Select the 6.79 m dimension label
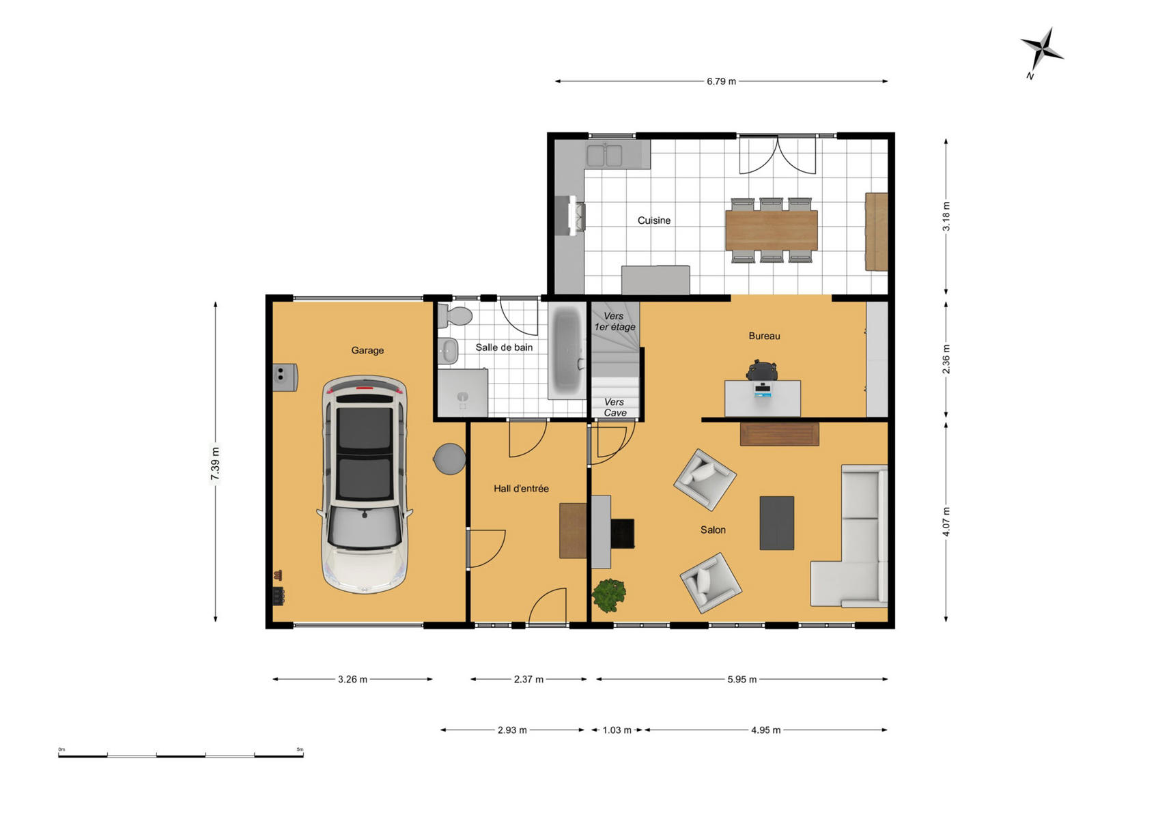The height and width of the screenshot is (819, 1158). point(721,81)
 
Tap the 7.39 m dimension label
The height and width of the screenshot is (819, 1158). point(215,463)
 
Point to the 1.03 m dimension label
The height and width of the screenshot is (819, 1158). point(617,730)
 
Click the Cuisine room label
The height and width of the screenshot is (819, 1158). point(654,220)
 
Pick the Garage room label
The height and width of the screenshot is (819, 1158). point(367,350)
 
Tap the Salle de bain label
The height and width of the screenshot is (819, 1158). point(504,347)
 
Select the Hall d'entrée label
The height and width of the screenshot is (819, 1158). point(521,488)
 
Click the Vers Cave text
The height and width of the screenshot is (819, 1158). point(615,407)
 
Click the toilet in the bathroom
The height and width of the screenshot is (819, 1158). point(455,316)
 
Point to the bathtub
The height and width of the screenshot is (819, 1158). point(567,350)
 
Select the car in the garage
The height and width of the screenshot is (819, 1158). point(365,484)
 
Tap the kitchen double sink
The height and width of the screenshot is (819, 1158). point(604,155)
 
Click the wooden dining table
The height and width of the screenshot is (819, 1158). point(772,230)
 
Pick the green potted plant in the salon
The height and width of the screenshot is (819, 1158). point(609,594)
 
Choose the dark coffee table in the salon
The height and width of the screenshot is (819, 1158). point(776,523)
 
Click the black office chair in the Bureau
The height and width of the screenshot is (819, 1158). point(761,370)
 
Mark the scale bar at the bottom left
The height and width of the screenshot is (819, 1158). point(181,756)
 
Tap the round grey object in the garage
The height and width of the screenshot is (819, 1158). point(449,459)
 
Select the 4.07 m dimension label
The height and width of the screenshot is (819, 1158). point(946,521)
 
